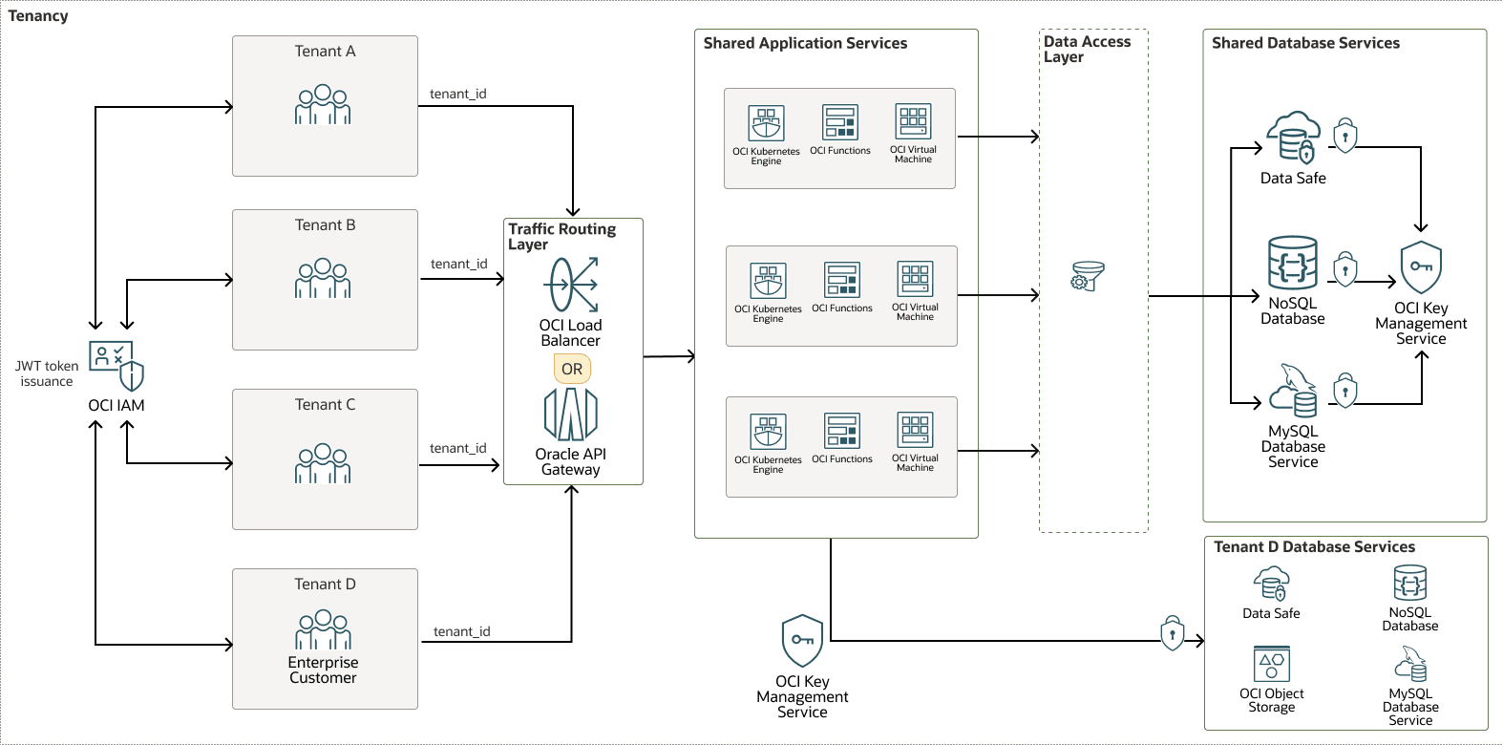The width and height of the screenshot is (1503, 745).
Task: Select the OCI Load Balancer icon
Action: point(571,285)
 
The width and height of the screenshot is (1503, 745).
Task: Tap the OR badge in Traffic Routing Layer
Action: point(572,369)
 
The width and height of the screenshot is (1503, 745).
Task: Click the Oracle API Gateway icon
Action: point(570,414)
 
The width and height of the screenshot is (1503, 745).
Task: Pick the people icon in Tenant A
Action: point(323,105)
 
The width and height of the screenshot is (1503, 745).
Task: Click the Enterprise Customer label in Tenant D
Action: point(323,670)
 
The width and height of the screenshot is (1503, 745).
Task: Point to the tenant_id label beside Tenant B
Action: point(458,264)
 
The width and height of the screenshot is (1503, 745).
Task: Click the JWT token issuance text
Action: point(47,373)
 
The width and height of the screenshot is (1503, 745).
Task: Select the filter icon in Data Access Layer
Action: point(1088,276)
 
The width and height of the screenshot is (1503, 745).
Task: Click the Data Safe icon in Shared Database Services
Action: point(1293,137)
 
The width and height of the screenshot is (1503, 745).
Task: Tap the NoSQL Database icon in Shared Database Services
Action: point(1293,263)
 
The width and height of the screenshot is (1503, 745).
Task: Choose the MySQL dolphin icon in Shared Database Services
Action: point(1294,390)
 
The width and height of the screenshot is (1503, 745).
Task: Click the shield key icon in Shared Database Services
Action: point(1421,267)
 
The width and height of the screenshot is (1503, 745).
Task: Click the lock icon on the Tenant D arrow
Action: point(1173,633)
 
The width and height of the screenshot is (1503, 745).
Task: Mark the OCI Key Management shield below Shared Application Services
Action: point(802,640)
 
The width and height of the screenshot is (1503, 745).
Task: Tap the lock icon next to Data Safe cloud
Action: point(1344,136)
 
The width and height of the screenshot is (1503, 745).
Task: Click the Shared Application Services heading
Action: point(805,43)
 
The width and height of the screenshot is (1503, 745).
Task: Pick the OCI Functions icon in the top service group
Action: point(840,122)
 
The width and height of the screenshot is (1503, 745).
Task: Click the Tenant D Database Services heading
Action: point(1314,546)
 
